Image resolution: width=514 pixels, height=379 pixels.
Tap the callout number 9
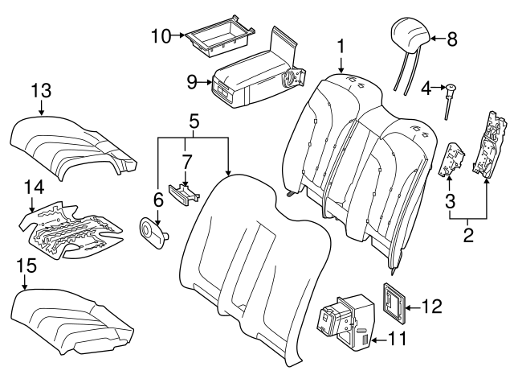tap(191, 80)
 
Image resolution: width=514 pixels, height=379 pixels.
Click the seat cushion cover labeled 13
tap(72, 145)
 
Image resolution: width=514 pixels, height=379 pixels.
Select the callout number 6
tap(158, 199)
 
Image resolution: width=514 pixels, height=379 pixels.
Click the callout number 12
tap(431, 306)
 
